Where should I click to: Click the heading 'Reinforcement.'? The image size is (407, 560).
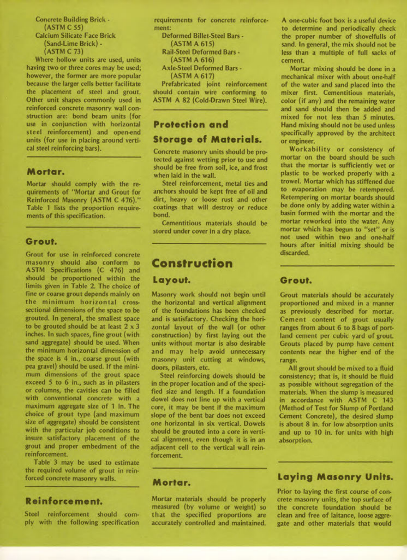pos(64,501)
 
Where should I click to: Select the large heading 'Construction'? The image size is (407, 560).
pos(192,264)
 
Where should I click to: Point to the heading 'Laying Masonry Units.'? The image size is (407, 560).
pos(335,477)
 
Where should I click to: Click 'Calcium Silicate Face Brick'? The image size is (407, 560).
pos(75,36)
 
